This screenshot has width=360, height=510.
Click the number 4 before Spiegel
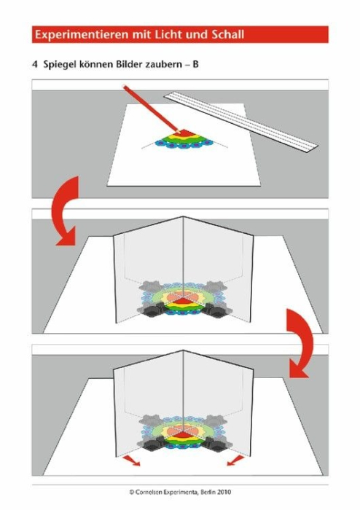[x=35, y=65]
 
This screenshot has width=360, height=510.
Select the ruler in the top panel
[x=240, y=119]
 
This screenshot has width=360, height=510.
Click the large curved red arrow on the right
[x=299, y=342]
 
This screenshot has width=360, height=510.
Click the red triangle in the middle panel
[x=183, y=301]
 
